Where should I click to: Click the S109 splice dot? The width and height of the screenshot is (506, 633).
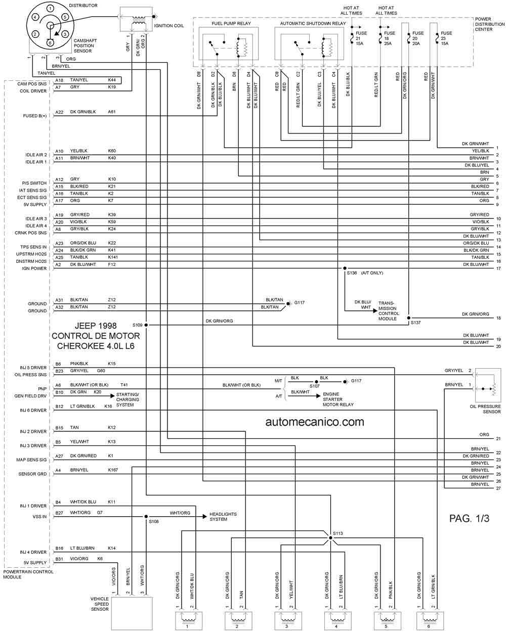(146, 325)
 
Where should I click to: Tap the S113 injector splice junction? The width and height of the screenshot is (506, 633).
(330, 538)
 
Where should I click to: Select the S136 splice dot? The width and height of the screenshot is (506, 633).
(345, 268)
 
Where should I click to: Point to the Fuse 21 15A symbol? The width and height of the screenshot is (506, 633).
(352, 37)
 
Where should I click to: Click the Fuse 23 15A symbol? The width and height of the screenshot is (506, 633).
(437, 37)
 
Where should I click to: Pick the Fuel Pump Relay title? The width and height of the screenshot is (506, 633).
(231, 23)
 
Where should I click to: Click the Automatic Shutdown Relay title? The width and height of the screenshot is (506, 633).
(313, 23)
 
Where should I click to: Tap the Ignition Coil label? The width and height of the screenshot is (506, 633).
(168, 26)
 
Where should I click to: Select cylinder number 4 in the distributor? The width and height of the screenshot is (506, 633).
(35, 17)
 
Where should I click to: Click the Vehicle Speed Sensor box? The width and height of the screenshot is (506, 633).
(132, 613)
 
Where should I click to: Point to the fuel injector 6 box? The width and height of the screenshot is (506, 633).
(430, 621)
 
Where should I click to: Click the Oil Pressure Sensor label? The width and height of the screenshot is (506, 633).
(485, 409)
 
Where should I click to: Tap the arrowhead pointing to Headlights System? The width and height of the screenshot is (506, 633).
(204, 517)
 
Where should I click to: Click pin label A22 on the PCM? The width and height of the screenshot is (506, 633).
(59, 112)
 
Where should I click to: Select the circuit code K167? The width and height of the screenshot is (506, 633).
(113, 470)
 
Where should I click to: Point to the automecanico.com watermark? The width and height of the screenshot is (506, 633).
(315, 422)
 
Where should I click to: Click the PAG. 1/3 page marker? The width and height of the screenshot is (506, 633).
(469, 518)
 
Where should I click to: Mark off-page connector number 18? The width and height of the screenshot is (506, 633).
(498, 318)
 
